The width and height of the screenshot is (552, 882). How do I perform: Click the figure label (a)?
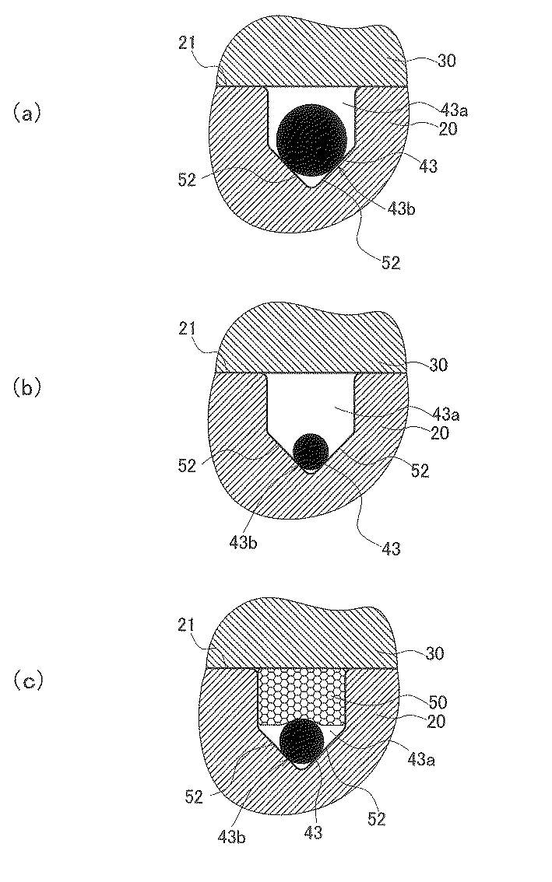pyautogui.click(x=25, y=114)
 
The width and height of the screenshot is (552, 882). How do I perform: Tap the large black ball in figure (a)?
pyautogui.click(x=311, y=138)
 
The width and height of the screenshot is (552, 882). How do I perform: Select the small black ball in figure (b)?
pyautogui.click(x=311, y=450)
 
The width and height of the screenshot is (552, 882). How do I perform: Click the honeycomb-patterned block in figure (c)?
pyautogui.click(x=301, y=695)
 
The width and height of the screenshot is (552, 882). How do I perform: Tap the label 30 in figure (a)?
pyautogui.click(x=447, y=60)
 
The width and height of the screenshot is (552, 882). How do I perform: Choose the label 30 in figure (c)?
pyautogui.click(x=434, y=653)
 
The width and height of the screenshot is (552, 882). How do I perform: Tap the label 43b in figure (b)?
pyautogui.click(x=242, y=541)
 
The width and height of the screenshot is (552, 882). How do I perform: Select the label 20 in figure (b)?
pyautogui.click(x=438, y=433)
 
